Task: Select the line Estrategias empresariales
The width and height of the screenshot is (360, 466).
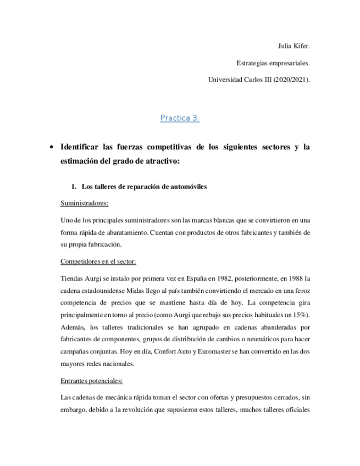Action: click(x=273, y=63)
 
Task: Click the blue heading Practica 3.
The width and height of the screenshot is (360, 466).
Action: click(x=180, y=118)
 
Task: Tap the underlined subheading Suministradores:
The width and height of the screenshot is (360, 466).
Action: click(x=84, y=203)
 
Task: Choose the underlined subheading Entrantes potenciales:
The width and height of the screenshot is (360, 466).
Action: click(x=91, y=380)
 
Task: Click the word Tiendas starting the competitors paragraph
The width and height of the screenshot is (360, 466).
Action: click(x=72, y=278)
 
